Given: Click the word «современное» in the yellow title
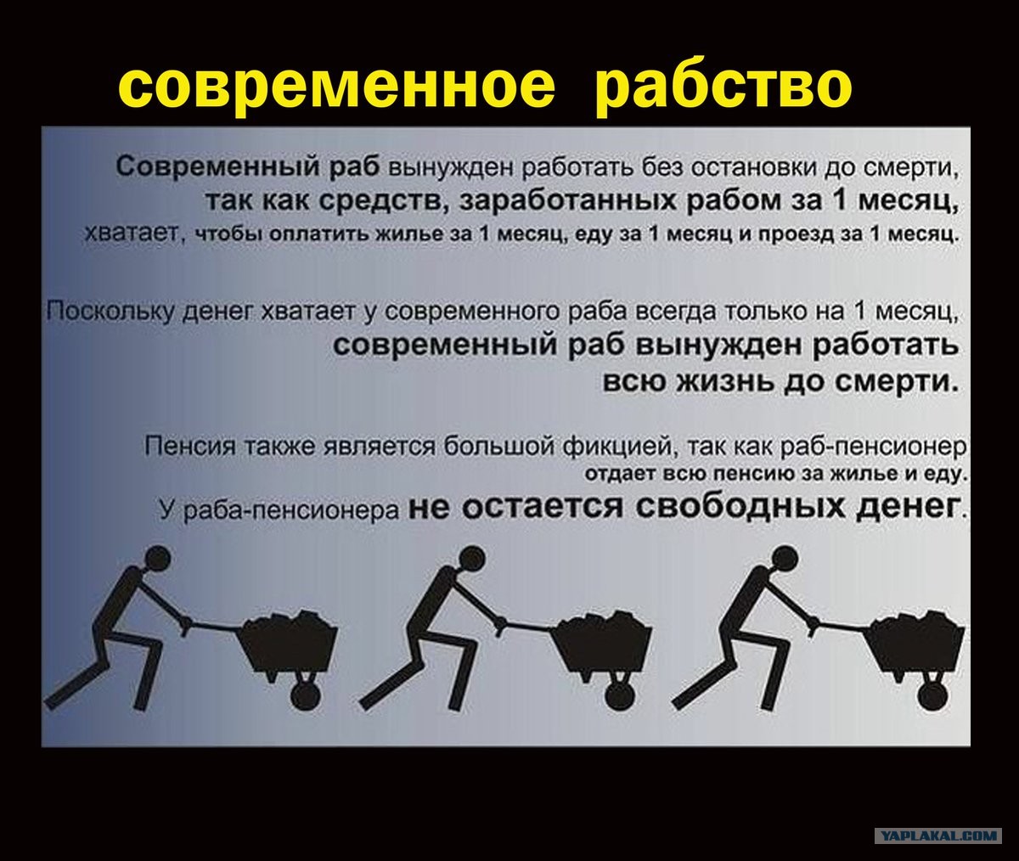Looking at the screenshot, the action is click(x=337, y=87).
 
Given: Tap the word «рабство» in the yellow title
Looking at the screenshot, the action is click(x=723, y=87).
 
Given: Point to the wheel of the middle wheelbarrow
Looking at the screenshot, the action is click(x=622, y=696).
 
